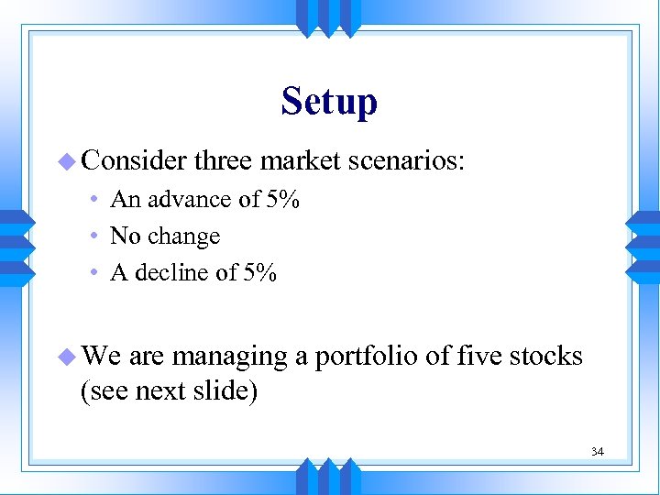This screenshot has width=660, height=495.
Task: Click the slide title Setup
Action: [x=329, y=101]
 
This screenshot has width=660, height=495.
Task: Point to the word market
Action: [x=300, y=162]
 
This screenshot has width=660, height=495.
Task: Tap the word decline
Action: [x=187, y=272]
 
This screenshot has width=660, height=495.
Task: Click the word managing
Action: [x=229, y=356]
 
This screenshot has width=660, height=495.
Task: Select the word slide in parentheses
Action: [x=224, y=392]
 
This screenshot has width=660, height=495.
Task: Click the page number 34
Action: [x=597, y=451]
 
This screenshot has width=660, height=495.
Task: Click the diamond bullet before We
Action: [x=68, y=357]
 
